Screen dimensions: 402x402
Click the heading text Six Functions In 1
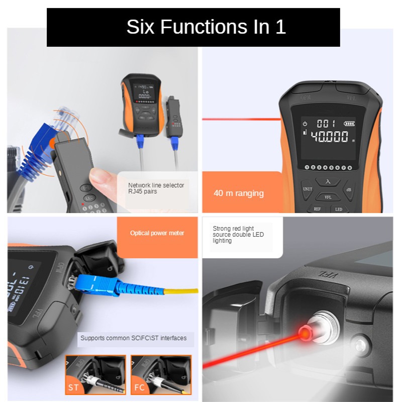click(x=206, y=27)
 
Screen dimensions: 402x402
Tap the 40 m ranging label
click(x=238, y=193)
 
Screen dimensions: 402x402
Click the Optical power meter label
click(x=157, y=233)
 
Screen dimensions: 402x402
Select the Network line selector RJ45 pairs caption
click(x=156, y=188)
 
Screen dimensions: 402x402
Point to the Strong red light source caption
click(x=238, y=234)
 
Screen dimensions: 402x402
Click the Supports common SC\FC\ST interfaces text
click(x=133, y=338)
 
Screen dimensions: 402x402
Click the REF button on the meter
click(x=318, y=208)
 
